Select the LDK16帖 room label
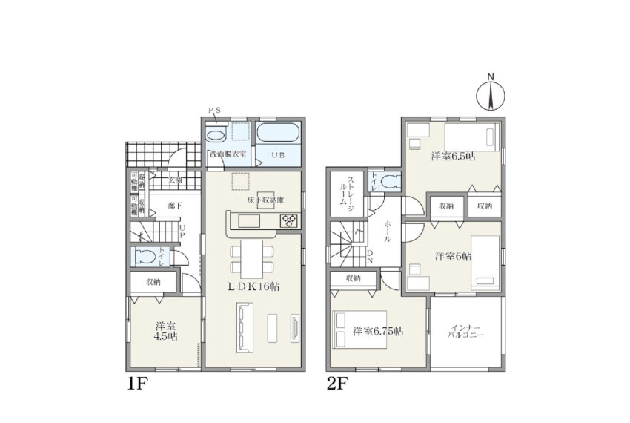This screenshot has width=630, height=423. pos(253,286)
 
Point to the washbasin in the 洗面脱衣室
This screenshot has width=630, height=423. pos(217,135)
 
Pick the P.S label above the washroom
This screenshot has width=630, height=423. pos(214,111)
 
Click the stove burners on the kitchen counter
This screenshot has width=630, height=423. pos(288,221)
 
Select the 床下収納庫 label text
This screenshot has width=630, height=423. pos(255,201)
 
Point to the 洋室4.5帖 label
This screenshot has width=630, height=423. pos(165,331)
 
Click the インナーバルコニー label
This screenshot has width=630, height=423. pos(467,331)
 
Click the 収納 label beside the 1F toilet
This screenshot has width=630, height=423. pos(154,282)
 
